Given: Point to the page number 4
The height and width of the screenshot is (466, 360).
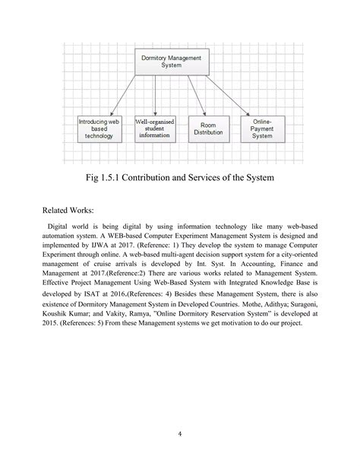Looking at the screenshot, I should pyautogui.click(x=179, y=433).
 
